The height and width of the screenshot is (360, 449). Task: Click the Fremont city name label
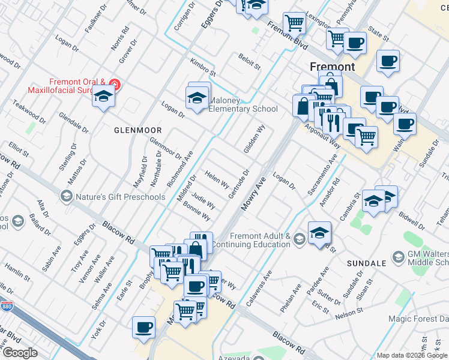click(x=332, y=66)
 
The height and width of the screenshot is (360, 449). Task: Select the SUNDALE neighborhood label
click(x=366, y=263)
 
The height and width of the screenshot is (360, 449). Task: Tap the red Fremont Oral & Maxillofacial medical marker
click(x=113, y=85)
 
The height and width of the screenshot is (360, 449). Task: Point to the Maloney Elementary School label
click(x=243, y=105)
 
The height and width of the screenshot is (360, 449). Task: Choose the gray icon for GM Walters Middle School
click(x=397, y=257)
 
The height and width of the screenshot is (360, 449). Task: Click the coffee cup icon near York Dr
click(x=143, y=328)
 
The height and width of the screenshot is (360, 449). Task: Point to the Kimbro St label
click(x=202, y=68)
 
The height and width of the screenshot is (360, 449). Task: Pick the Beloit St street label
click(x=249, y=61)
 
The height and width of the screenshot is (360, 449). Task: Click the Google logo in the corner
click(x=20, y=353)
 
